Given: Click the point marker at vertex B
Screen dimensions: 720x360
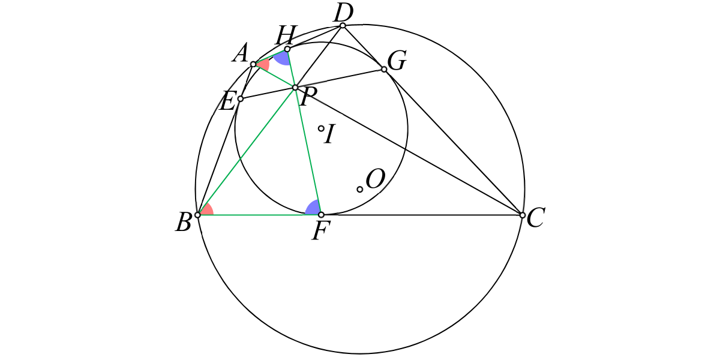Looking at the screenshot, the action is click(198, 215).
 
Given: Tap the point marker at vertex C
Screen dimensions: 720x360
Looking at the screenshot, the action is click(523, 215).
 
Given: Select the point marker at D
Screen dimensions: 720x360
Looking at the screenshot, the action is click(343, 25).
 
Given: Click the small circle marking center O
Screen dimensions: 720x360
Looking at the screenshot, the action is click(360, 190).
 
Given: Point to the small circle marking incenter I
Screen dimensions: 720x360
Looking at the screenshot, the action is click(321, 128).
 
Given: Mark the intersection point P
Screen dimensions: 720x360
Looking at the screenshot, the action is click(295, 88).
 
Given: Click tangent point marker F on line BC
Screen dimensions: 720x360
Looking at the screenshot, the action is click(321, 215).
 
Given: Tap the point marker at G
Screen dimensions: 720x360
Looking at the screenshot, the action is click(384, 69).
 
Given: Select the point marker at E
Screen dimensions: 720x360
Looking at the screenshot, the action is click(241, 98).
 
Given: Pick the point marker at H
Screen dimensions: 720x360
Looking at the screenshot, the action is click(287, 49).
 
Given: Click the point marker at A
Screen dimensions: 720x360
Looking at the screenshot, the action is click(253, 64).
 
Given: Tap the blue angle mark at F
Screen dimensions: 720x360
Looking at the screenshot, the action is click(313, 208).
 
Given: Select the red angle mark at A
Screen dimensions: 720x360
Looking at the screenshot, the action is click(263, 65).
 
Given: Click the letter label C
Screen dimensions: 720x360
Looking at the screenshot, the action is click(535, 218).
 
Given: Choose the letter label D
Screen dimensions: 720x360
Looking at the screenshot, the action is click(344, 13).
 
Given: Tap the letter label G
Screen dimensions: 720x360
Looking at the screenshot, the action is click(397, 61).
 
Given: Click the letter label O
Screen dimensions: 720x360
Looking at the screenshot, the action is click(376, 179).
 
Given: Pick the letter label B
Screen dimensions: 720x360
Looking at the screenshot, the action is click(184, 222).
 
